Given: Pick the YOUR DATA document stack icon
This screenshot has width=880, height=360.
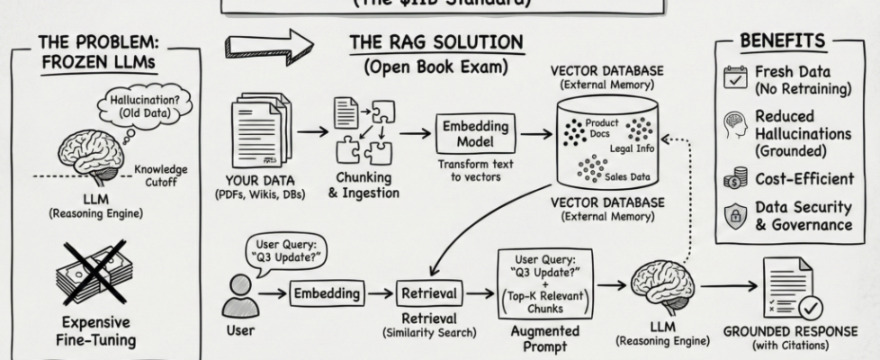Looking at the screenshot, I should [x=256, y=131].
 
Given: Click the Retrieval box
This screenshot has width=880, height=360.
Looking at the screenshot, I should [x=429, y=292].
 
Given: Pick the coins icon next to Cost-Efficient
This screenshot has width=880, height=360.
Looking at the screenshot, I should [x=735, y=179].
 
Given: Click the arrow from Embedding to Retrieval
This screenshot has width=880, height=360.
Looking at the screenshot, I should [x=382, y=292].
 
